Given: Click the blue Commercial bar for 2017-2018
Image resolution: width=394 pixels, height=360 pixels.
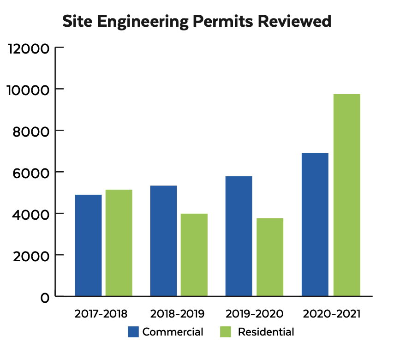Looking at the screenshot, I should click(88, 245).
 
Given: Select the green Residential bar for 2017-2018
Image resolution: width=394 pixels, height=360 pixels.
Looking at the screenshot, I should click(119, 243).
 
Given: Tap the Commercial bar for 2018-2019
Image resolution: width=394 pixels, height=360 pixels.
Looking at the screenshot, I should click(163, 240).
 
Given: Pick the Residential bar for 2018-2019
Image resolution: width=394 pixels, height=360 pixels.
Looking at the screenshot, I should click(194, 255).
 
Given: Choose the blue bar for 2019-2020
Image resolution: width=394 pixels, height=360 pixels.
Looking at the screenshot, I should click(239, 236).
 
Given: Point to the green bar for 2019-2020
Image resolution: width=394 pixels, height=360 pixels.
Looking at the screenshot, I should click(270, 257).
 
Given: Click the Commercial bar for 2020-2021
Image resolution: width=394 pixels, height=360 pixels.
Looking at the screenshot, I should click(315, 224).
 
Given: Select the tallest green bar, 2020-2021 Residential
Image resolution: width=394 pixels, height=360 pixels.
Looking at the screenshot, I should click(346, 195).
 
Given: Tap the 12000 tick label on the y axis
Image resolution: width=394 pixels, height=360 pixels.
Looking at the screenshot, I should click(29, 48).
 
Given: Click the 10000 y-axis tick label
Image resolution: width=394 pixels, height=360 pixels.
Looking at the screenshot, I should click(29, 90).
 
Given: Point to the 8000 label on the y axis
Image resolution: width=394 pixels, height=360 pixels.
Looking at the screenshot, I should click(31, 131).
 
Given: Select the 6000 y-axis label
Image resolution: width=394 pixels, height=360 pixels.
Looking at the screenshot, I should click(31, 173).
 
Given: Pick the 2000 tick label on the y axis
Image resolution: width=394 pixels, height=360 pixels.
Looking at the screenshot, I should click(31, 256).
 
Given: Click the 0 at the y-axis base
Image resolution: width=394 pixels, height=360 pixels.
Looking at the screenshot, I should click(44, 298).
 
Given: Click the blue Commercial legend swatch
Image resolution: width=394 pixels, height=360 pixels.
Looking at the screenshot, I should click(133, 332).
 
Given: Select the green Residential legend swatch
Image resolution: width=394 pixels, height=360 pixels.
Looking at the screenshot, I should click(225, 332).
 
